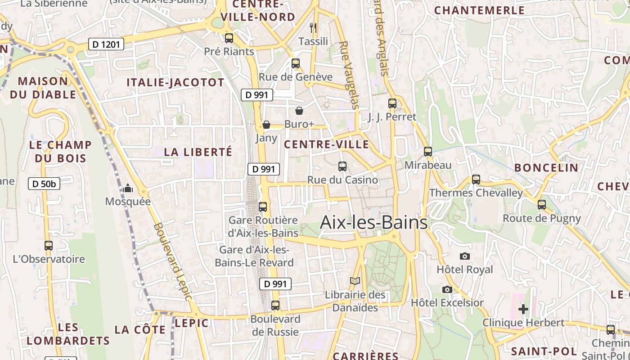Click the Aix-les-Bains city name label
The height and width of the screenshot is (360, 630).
pyautogui.click(x=373, y=223)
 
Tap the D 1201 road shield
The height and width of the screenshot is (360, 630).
pyautogui.click(x=106, y=44)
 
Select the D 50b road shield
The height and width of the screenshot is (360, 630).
pyautogui.click(x=44, y=184)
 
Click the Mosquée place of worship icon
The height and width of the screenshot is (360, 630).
pyautogui.click(x=128, y=188)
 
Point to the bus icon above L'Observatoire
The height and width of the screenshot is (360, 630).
pyautogui.click(x=49, y=246)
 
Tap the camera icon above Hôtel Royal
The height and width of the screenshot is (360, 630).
pyautogui.click(x=465, y=256)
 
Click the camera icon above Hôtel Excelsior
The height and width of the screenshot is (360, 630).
pyautogui.click(x=447, y=289)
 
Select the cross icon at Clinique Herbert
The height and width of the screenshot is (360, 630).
pyautogui.click(x=523, y=309)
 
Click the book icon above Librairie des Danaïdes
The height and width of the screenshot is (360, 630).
pyautogui.click(x=355, y=281)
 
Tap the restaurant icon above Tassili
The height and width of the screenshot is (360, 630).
pyautogui.click(x=314, y=28)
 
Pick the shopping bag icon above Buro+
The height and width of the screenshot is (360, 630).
pyautogui.click(x=299, y=111)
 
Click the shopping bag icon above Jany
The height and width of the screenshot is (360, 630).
pyautogui.click(x=266, y=125)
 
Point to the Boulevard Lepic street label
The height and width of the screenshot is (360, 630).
pyautogui.click(x=173, y=261)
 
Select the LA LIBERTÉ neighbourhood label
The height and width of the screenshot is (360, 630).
pyautogui.click(x=198, y=152)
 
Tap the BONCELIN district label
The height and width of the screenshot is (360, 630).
pyautogui.click(x=546, y=168)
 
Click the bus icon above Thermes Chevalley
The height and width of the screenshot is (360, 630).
pyautogui.click(x=476, y=180)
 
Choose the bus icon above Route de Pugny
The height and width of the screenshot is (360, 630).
pyautogui.click(x=542, y=205)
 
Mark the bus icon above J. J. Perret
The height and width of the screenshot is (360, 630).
pyautogui.click(x=392, y=103)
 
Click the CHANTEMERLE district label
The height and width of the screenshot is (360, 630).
pyautogui.click(x=479, y=10)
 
